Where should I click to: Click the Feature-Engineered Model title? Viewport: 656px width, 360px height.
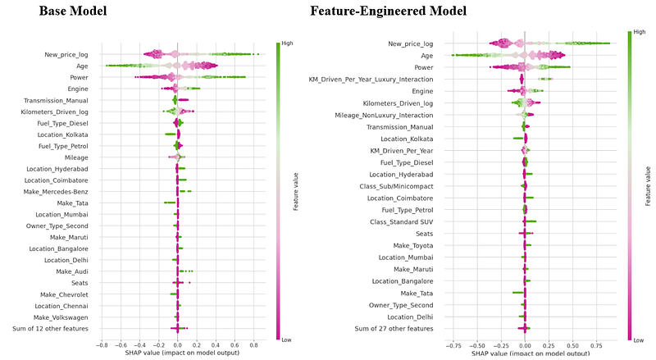coord(388,12)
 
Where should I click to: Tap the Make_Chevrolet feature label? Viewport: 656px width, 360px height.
coord(66,294)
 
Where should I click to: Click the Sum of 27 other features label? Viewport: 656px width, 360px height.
coord(393,328)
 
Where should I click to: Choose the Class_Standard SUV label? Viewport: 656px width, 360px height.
coord(401,221)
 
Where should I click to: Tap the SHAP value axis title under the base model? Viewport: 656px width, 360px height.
coord(178,353)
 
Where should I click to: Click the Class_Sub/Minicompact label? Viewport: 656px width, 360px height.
coord(396,186)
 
